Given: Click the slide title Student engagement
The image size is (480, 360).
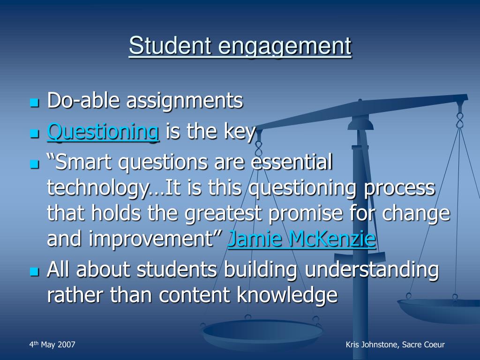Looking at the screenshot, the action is tap(240, 46).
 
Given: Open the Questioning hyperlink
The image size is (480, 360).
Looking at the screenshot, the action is tap(103, 131).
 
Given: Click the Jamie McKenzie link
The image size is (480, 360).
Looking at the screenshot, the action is tap(302, 239).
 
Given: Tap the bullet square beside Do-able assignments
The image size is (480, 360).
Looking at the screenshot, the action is tap(35, 103).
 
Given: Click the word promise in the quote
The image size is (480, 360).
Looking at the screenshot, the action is tap(305, 214).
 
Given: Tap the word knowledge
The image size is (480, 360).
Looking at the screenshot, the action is tap(287, 295).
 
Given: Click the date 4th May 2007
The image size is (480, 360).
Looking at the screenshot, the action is tap(52, 345).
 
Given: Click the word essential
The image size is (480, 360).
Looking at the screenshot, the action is tap(292, 162).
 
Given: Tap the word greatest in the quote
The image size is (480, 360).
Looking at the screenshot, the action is tap(223, 214).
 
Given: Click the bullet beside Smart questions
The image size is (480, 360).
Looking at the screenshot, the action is tap(35, 164).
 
